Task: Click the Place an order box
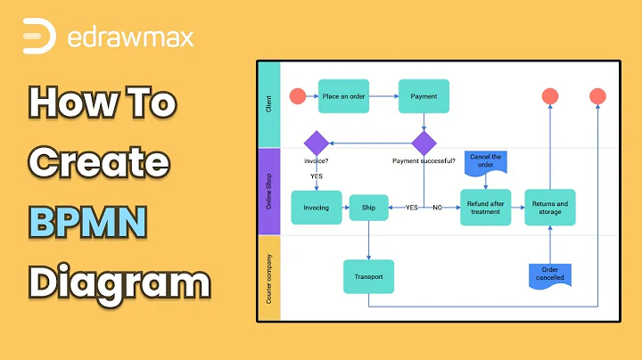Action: click(x=343, y=96)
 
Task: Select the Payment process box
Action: click(x=424, y=96)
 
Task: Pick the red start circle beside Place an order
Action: click(x=297, y=96)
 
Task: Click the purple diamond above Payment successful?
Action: click(x=424, y=143)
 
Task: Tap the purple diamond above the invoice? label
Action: click(x=317, y=143)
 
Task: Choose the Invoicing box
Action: click(x=317, y=208)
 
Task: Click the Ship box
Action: click(x=368, y=208)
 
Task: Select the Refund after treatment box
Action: click(x=485, y=208)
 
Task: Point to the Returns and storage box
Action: click(x=549, y=208)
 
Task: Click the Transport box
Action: click(x=368, y=276)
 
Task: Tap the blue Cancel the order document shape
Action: click(x=486, y=161)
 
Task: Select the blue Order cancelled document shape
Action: click(x=549, y=274)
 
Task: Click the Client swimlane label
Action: click(x=269, y=104)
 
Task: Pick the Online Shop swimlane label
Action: click(x=269, y=191)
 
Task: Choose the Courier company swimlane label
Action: click(x=269, y=278)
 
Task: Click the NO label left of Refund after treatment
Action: click(x=438, y=208)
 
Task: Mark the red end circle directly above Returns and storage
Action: click(x=550, y=96)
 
